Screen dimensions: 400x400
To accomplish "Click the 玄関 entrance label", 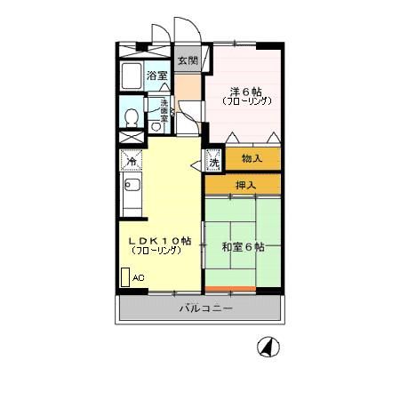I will (187, 60).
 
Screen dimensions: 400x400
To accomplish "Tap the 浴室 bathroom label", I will (156, 76).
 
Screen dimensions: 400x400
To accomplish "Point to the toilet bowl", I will (131, 117).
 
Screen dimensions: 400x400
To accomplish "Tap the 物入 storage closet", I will (252, 158).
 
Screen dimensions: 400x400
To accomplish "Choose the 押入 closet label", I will (244, 185).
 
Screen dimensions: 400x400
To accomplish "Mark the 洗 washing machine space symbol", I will (213, 161).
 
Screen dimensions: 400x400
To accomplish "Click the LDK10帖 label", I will (160, 240).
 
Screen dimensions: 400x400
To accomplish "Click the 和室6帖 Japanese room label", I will (242, 246).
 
